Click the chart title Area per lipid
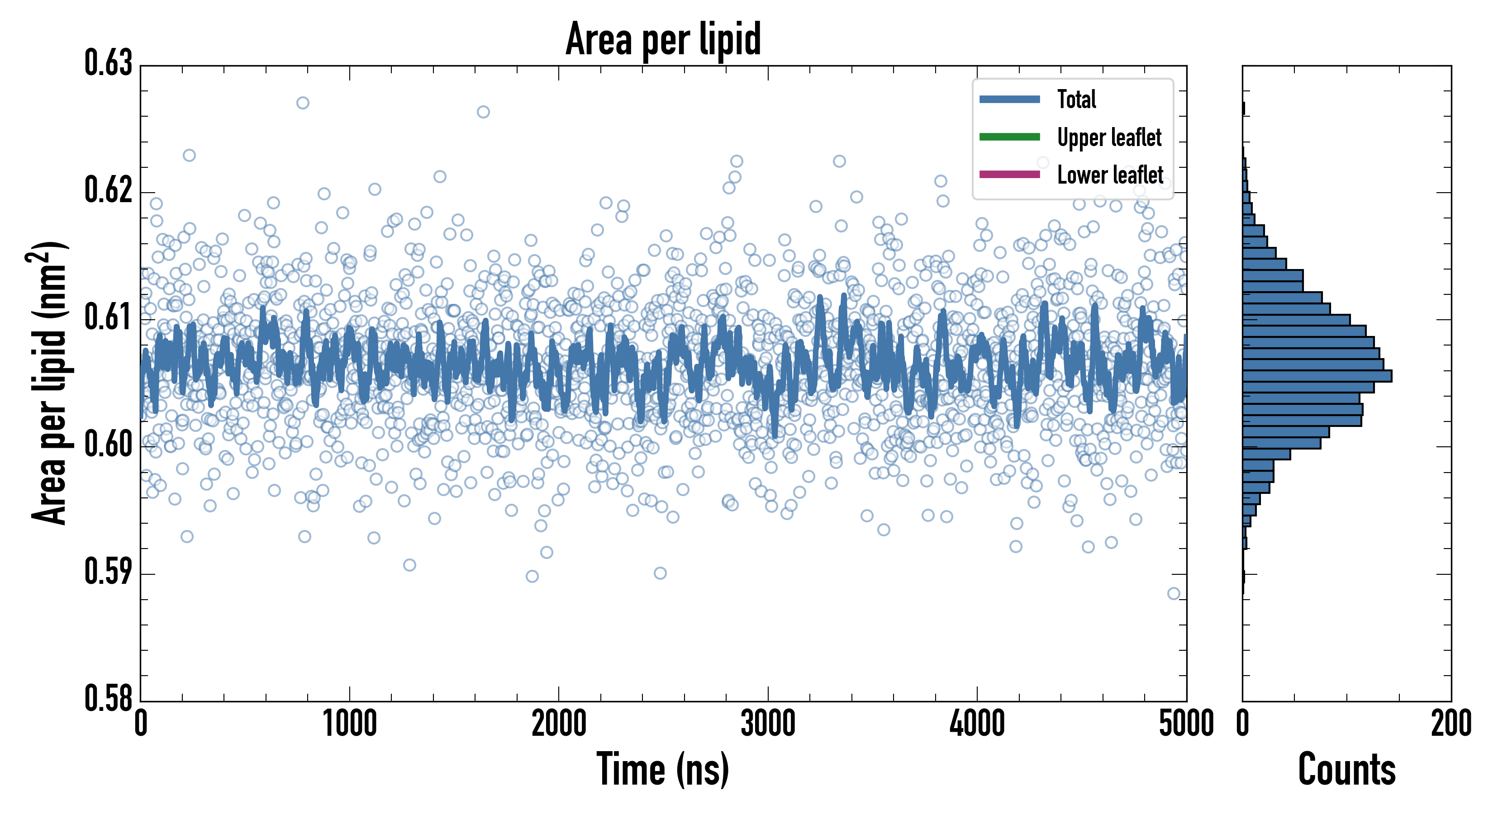[x=663, y=39]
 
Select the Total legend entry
[x=1076, y=99]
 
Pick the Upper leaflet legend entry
[x=1109, y=137]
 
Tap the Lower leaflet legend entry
[x=1109, y=175]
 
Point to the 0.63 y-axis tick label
[x=109, y=64]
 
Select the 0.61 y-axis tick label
[x=109, y=317]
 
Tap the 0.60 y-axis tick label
[x=109, y=445]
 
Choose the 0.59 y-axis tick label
[x=109, y=572]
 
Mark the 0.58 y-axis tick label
[x=109, y=698]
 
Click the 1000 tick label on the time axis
[x=349, y=724]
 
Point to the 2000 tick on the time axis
[x=559, y=724]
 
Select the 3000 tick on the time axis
[x=768, y=724]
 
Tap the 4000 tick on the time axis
[x=977, y=724]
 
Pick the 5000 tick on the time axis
[x=1186, y=724]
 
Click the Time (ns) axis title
[x=663, y=769]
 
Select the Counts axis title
[x=1346, y=769]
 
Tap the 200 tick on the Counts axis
[x=1450, y=724]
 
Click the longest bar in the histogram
[x=1317, y=376]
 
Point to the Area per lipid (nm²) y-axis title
[x=49, y=383]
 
